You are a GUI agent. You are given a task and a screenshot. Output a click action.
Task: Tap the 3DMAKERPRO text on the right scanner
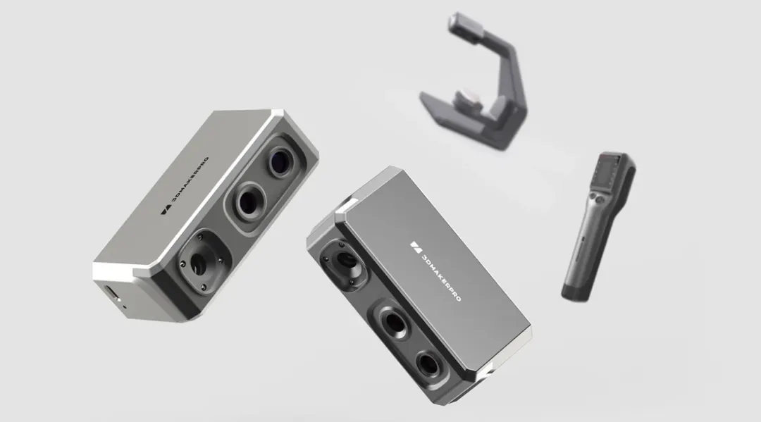click(x=441, y=277)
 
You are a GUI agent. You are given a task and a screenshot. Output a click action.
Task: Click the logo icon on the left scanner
click(x=165, y=211)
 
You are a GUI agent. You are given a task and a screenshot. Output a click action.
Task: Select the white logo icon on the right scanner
click(x=416, y=247)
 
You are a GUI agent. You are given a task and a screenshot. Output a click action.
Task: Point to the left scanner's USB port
click(x=111, y=292)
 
